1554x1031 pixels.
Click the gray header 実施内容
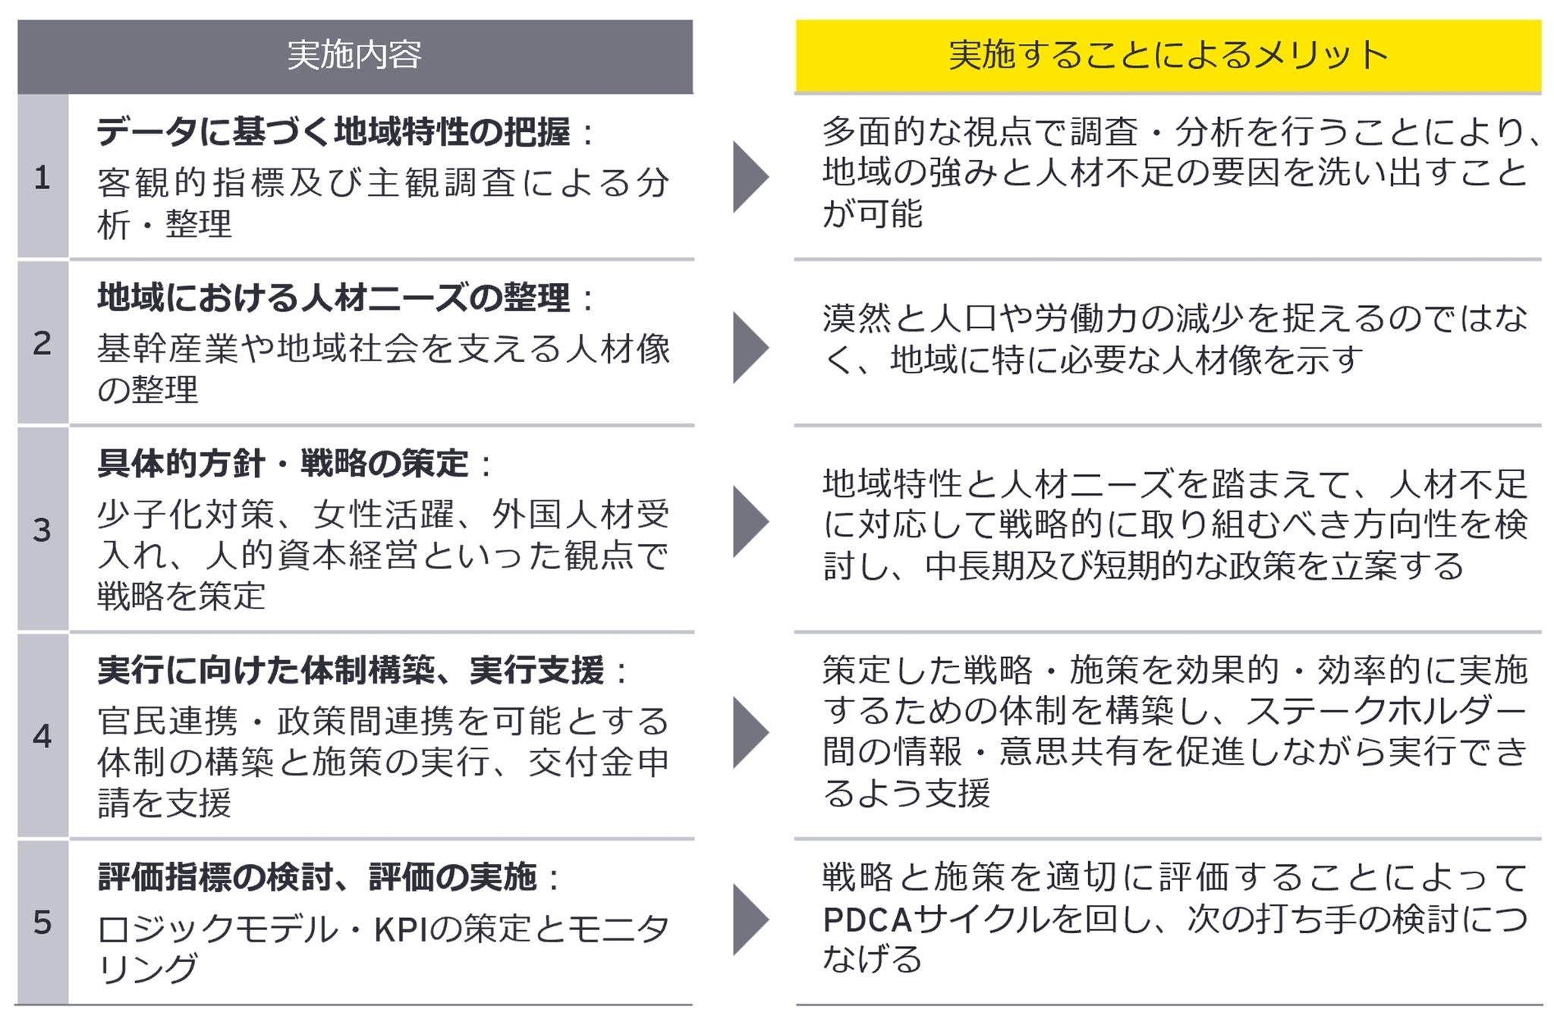click(354, 55)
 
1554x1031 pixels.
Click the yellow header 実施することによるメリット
click(1168, 55)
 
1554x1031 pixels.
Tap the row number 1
click(42, 178)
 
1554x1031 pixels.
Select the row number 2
click(42, 343)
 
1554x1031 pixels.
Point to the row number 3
click(42, 530)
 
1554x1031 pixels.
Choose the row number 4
click(42, 736)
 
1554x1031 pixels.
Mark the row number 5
click(42, 923)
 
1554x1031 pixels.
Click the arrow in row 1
click(750, 177)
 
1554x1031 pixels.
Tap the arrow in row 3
click(750, 522)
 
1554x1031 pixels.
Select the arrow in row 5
click(750, 919)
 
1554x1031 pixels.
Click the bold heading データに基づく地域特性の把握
click(334, 132)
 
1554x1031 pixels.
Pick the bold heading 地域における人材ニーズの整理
click(334, 297)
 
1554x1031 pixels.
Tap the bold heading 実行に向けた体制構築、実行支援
click(351, 670)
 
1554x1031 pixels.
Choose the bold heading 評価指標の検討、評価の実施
click(317, 877)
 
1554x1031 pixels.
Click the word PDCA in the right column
click(867, 920)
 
